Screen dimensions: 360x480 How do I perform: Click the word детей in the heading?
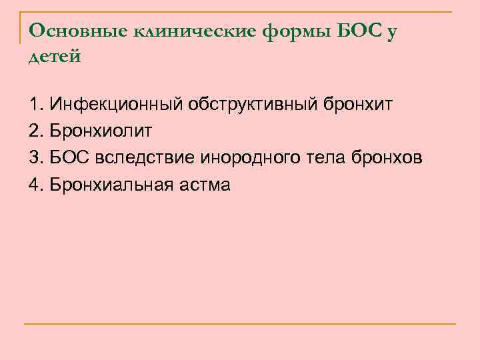(55, 57)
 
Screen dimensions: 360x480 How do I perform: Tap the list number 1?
(35, 105)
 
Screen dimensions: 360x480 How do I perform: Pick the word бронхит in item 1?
(359, 105)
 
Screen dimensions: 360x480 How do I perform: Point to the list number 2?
(35, 131)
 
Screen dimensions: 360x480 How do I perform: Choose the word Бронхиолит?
(100, 131)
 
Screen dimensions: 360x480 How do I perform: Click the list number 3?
(35, 158)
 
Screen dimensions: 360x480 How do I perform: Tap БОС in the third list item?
(69, 158)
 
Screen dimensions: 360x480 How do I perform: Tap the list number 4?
(35, 185)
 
